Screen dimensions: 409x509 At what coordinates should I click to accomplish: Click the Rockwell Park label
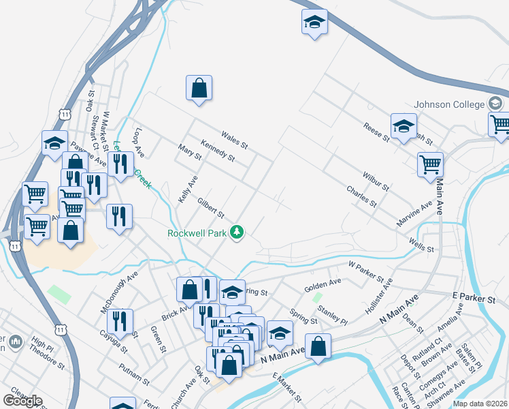[197, 233]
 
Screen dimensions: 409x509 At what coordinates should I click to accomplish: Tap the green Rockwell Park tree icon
[236, 233]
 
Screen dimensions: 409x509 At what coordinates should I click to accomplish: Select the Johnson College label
[450, 104]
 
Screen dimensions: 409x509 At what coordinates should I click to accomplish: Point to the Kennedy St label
[217, 151]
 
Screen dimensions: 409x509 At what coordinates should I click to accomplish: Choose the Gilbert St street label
[210, 209]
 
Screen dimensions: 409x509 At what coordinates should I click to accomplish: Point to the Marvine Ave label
[414, 214]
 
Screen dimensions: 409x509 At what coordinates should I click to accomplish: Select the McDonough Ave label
[119, 291]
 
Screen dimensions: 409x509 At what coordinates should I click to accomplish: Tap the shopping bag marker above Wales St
[199, 88]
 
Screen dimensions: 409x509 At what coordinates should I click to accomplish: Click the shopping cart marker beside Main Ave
[430, 164]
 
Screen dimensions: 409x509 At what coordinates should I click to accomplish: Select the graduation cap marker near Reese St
[404, 126]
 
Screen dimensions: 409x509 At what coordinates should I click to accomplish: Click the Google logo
[22, 400]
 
